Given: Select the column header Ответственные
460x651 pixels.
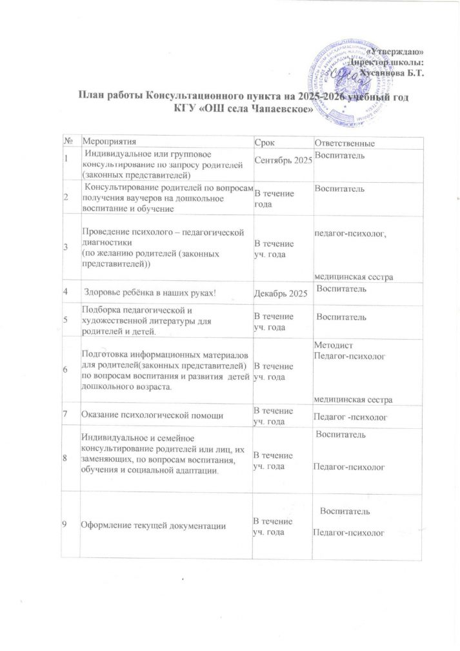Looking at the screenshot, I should tap(345, 142).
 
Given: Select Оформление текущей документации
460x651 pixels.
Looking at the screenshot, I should tap(152, 526).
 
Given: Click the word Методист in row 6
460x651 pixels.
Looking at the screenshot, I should tap(330, 346).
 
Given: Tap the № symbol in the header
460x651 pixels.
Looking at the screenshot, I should tap(68, 141).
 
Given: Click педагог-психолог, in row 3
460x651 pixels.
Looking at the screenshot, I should tap(349, 233).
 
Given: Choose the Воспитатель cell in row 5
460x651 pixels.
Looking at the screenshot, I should tap(346, 317).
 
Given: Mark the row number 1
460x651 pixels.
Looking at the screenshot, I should tap(66, 160).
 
